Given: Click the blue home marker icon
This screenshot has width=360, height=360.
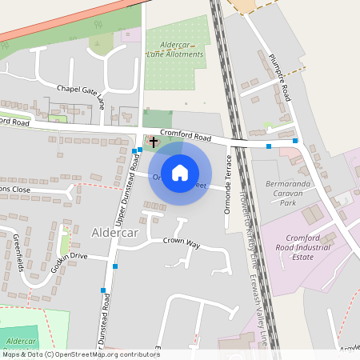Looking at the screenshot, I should coord(180,172).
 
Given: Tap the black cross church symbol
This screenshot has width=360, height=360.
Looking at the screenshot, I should coord(153,141).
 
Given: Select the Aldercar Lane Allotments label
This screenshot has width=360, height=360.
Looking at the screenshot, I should coord(171,49).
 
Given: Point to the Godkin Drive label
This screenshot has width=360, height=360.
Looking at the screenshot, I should coord(68,256).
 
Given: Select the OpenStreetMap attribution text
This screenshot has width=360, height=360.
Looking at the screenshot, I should coord(81,354).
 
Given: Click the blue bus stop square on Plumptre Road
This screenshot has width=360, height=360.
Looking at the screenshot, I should coord(295,141).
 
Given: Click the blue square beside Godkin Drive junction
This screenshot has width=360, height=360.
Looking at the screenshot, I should coord(116,266).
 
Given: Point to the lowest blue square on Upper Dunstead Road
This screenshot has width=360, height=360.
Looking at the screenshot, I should coord(103,290).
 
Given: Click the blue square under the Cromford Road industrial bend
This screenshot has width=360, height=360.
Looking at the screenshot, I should coord(269,146).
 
